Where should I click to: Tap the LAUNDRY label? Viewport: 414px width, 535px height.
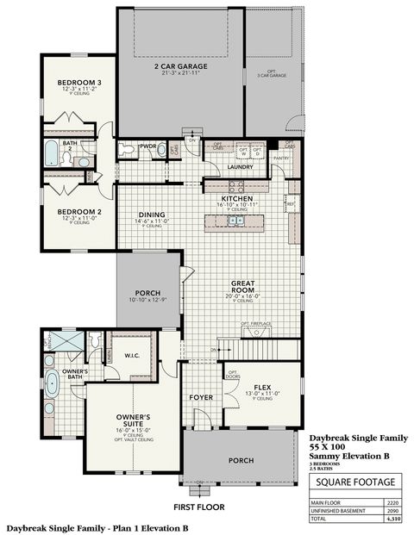pyautogui.click(x=240, y=166)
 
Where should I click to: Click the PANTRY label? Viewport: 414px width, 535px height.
pyautogui.click(x=279, y=159)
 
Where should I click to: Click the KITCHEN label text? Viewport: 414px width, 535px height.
pyautogui.click(x=236, y=198)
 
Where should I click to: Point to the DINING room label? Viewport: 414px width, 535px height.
pyautogui.click(x=152, y=215)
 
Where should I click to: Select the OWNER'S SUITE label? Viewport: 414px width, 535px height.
pyautogui.click(x=134, y=422)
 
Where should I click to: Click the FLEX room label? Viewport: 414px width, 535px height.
pyautogui.click(x=263, y=388)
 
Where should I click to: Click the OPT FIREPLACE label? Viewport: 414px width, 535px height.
pyautogui.click(x=256, y=324)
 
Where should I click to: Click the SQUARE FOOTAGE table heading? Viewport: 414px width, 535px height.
pyautogui.click(x=355, y=482)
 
